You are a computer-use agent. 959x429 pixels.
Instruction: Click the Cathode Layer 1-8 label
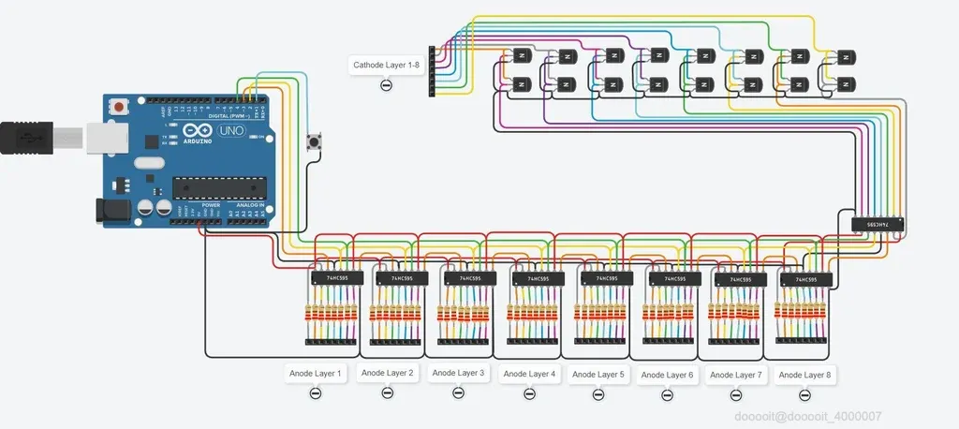[386, 66]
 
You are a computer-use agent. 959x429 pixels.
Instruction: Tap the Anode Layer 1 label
[315, 373]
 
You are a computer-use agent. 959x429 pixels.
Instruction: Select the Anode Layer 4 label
[528, 374]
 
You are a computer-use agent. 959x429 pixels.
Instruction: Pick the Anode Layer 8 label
[804, 375]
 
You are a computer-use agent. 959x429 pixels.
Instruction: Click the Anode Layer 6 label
[666, 375]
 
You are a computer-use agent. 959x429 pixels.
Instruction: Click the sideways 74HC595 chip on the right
[878, 224]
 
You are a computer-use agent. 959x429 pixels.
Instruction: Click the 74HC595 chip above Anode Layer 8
[804, 279]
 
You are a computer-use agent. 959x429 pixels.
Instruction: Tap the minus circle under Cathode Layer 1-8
[386, 86]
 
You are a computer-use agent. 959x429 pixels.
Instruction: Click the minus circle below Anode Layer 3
[457, 392]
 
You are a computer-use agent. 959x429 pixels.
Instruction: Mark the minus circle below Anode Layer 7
[735, 395]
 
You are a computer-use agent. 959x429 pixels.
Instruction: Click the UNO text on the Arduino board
[230, 130]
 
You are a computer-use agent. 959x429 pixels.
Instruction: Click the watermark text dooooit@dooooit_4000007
[807, 416]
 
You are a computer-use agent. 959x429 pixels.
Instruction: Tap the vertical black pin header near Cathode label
[433, 72]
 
